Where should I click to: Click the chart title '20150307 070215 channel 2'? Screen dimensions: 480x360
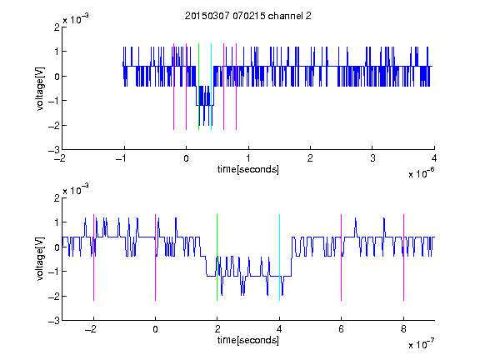[248, 16]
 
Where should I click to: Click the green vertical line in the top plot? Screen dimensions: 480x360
[198, 87]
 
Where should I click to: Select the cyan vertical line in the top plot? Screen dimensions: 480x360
[211, 87]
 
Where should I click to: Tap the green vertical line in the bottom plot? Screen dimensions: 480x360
[217, 257]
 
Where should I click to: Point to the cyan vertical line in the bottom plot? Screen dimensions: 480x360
[279, 257]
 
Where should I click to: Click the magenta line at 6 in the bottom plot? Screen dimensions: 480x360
[342, 257]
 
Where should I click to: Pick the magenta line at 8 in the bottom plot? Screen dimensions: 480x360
[404, 257]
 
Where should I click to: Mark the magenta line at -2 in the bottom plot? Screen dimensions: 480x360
[93, 257]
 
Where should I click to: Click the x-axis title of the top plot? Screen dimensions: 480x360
[248, 169]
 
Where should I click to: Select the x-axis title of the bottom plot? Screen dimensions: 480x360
[248, 340]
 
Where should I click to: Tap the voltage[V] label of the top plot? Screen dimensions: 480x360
[40, 89]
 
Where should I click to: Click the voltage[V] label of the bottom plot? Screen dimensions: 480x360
[40, 259]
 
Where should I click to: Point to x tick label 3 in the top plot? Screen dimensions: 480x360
[372, 158]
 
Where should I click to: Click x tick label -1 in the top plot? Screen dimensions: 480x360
[122, 158]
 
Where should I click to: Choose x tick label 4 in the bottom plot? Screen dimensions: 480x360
[279, 329]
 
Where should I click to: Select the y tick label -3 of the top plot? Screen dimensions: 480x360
[53, 150]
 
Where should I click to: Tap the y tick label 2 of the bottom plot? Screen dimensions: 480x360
[57, 197]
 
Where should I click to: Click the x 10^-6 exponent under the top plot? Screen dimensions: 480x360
[421, 173]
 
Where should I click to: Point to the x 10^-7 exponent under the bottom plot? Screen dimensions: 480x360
[421, 344]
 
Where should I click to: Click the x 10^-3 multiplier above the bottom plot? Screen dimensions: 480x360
[76, 189]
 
